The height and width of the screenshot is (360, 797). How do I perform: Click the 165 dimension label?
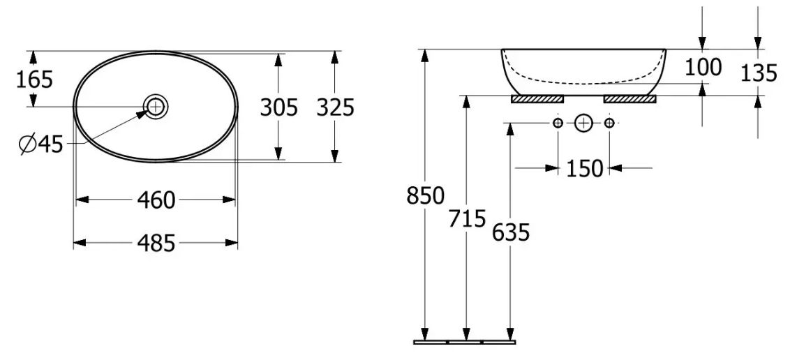coord(35,80)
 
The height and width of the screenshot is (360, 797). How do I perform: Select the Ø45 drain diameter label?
coord(40,145)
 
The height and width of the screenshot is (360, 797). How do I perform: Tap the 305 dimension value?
coord(278,107)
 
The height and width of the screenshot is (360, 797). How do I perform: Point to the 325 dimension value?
coord(335,107)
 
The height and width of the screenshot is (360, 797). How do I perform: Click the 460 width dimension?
coord(156,200)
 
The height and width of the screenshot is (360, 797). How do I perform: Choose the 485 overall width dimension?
coord(156,243)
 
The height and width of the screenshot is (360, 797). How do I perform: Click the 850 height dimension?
coord(426,195)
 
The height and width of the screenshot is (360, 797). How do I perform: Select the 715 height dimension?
coord(467,218)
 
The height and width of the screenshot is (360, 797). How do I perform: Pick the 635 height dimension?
coord(511,232)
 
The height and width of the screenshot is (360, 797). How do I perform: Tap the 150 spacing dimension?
coord(585,168)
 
